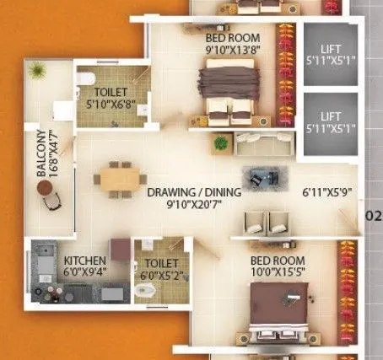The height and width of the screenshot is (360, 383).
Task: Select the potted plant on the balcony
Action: coord(37,72)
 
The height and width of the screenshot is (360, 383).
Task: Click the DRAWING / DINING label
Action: coord(193,192)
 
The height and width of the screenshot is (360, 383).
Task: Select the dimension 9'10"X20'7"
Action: coord(194,205)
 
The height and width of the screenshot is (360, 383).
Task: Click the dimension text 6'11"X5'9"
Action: coord(328,193)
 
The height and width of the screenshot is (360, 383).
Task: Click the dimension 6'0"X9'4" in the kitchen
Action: coord(85,272)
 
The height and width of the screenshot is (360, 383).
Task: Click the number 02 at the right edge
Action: coord(373,215)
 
